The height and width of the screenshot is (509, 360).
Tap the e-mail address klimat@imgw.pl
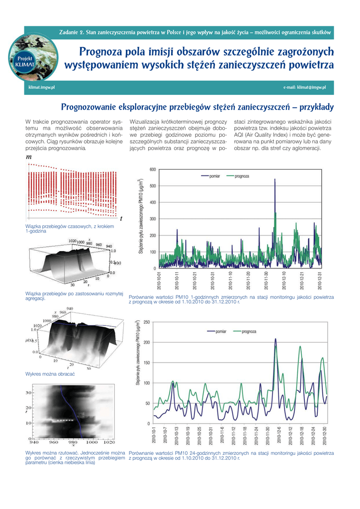tap(304, 88)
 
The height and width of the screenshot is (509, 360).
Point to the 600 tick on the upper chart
tap(153, 170)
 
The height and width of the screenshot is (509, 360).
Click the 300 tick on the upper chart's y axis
tap(153, 219)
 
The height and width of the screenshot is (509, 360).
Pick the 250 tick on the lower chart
tap(147, 323)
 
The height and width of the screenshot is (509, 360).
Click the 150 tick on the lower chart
tap(147, 363)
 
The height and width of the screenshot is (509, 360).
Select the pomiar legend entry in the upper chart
tap(214, 176)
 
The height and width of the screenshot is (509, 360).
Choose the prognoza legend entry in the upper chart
tap(242, 176)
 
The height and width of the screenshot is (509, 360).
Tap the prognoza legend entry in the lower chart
tap(249, 332)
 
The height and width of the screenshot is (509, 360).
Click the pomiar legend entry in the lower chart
tap(221, 332)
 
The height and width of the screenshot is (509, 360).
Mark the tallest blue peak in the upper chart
tap(275, 179)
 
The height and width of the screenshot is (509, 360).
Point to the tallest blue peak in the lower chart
tap(276, 339)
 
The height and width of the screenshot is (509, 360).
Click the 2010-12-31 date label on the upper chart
tap(320, 280)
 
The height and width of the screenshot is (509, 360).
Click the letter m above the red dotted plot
tap(28, 157)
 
